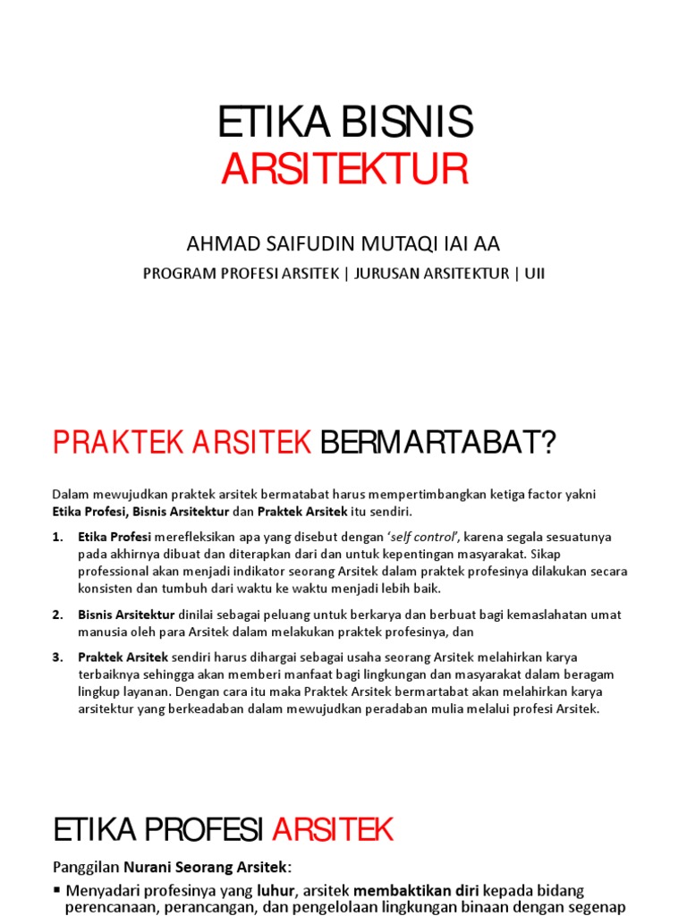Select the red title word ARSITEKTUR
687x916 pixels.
344,170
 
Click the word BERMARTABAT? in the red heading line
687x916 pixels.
438,442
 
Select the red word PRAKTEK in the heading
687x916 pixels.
117,442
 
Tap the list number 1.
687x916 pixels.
57,537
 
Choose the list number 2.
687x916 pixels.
57,615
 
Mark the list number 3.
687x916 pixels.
57,657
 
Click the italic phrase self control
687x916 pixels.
421,537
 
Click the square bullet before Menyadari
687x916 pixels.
58,890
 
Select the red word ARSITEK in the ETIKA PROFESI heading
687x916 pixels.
333,829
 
